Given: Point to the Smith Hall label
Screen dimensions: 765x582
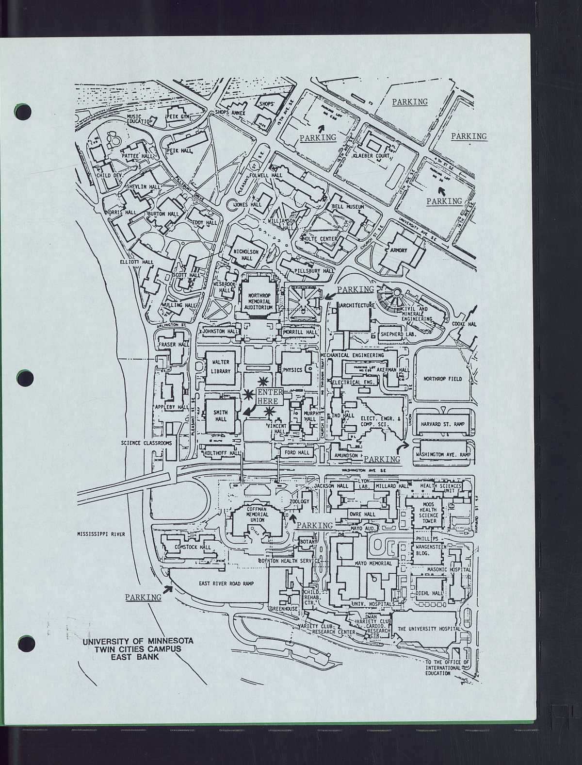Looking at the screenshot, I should click(221, 416).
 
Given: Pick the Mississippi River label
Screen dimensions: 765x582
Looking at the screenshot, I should click(101, 534).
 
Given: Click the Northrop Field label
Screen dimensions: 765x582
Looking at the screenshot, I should click(442, 379).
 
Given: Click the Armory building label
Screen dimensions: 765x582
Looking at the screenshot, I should click(399, 250).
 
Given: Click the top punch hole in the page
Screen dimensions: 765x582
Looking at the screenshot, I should click(23, 111).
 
